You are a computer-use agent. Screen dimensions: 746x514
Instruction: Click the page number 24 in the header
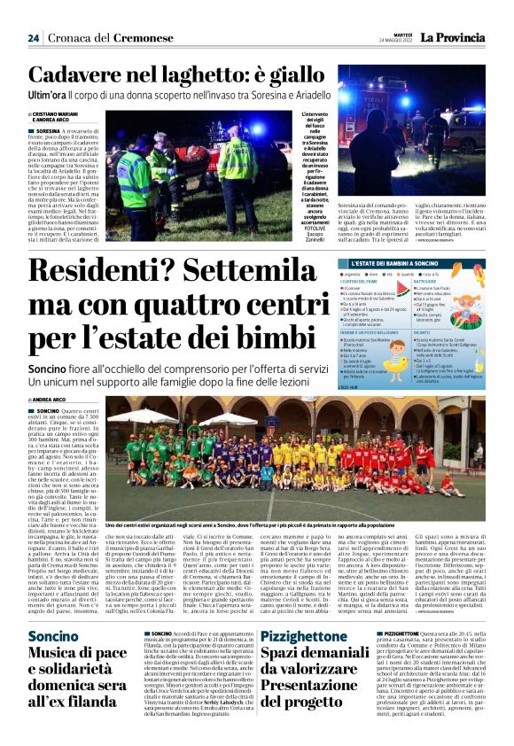(x=33, y=38)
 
